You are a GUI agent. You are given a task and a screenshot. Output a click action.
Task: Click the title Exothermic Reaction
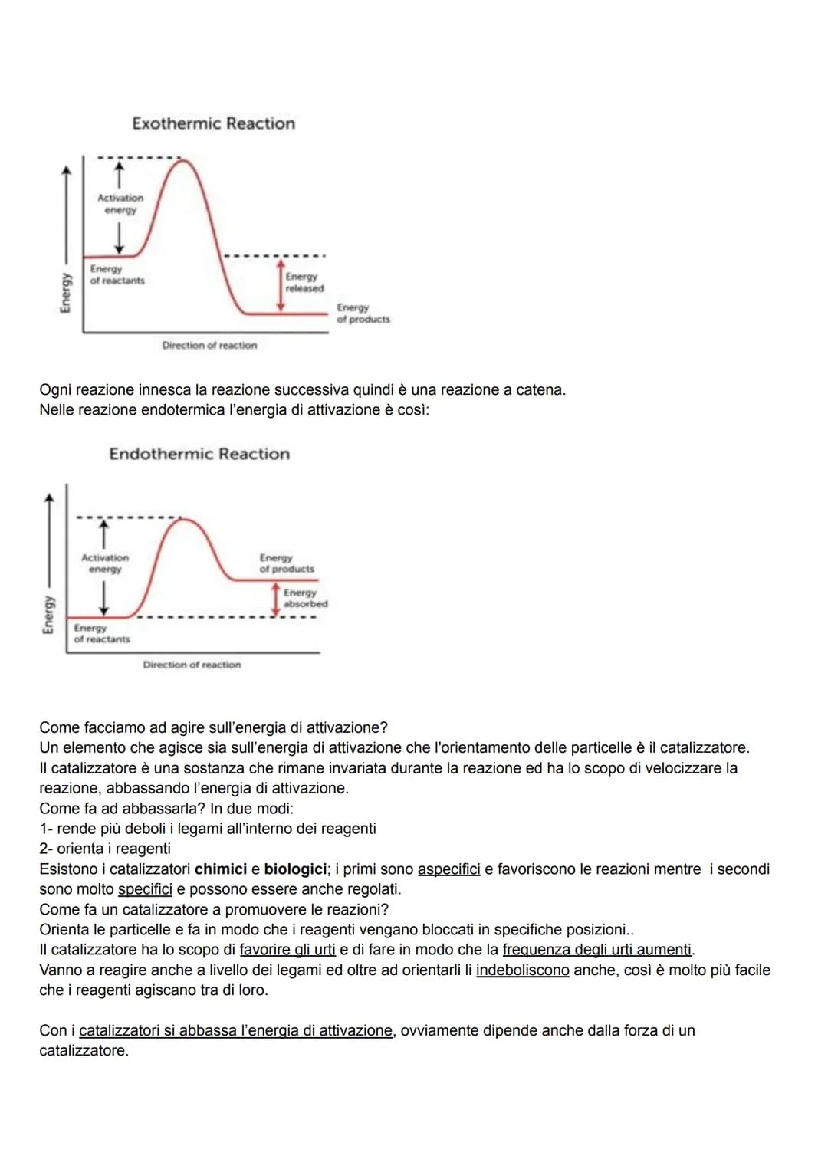coord(213,123)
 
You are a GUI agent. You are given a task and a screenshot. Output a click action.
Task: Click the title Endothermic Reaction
coord(199,454)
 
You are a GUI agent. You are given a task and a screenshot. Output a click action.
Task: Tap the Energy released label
coord(304,282)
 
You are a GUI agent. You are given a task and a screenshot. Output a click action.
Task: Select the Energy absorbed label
coord(305,598)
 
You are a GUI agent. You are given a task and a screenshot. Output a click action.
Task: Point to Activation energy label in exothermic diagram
coord(120,204)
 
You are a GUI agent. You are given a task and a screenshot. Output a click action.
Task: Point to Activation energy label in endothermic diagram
coord(105,563)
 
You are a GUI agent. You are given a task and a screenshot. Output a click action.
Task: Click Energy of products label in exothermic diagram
coord(363,313)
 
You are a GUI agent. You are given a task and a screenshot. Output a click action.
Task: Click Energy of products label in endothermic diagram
coord(287,563)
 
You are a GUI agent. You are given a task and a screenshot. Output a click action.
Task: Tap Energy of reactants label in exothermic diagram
coord(117,274)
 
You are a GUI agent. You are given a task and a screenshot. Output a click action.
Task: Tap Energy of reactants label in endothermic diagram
coord(101,633)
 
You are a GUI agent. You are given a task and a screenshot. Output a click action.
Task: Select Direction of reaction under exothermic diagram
coord(209,346)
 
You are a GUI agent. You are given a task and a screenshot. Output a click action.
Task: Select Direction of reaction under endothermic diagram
coord(192,665)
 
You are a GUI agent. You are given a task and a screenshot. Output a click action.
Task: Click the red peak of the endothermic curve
coord(182,520)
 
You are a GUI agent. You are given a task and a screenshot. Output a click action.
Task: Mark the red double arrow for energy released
coord(281,284)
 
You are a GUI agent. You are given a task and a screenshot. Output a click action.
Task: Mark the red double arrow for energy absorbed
coord(277,599)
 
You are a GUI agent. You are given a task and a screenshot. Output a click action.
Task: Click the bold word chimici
coord(221,869)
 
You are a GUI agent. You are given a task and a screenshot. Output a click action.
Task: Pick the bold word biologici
coord(295,869)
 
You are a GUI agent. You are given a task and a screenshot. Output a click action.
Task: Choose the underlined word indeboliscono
coord(522,970)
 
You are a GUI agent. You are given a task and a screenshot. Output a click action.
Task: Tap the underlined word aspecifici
coord(449,869)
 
